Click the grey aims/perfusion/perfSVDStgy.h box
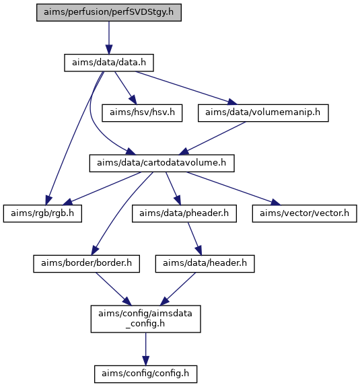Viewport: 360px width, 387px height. pos(109,12)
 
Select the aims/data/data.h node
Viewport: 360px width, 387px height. pos(109,63)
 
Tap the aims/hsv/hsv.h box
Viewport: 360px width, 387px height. pos(142,113)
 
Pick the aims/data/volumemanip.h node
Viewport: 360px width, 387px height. pos(263,113)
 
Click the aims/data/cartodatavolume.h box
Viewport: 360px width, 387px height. pos(161,163)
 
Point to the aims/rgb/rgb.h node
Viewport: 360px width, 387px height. pos(42,213)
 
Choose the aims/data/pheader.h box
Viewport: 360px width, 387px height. pos(184,213)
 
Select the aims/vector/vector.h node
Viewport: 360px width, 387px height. pos(304,213)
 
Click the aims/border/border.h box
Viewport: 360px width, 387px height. pos(86,264)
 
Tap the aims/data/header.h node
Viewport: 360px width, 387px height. pos(205,264)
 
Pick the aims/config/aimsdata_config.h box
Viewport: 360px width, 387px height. pos(145,319)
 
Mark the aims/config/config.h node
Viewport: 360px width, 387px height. pos(145,374)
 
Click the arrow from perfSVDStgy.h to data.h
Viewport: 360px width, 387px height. pos(109,38)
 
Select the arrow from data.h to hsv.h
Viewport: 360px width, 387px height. pos(126,88)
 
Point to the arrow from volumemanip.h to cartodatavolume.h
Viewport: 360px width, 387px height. pos(213,138)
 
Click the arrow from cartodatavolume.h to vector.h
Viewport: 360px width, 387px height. pos(233,188)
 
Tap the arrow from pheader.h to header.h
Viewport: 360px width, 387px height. pos(195,239)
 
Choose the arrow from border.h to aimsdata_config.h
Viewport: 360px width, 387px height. pos(114,289)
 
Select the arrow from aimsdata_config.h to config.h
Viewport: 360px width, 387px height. pos(145,349)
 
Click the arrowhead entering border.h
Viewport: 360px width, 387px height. pos(95,250)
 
